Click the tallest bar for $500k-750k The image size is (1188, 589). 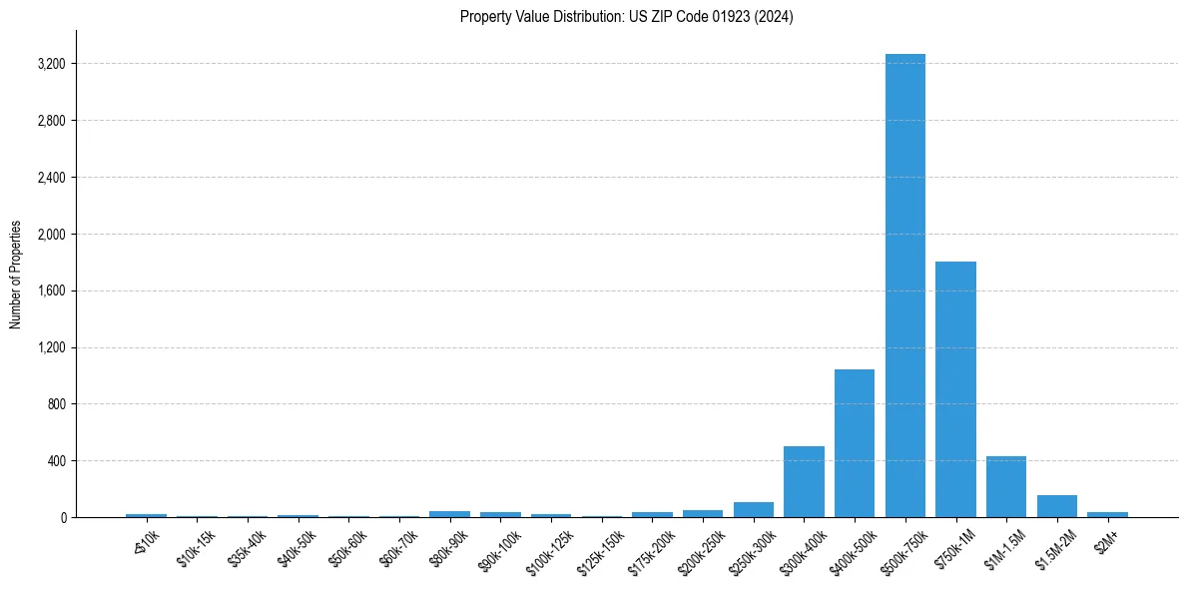pos(904,286)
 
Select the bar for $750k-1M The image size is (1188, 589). pos(955,389)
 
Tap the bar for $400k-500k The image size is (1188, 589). pos(855,443)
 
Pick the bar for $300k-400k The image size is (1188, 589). pos(804,482)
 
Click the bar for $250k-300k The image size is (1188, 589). pos(753,510)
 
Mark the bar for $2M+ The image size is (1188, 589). pos(1107,514)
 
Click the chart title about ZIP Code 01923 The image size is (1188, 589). pos(626,17)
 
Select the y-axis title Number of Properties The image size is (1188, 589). pos(16,274)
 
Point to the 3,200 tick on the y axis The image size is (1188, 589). pos(51,64)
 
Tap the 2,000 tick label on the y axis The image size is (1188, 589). pos(51,235)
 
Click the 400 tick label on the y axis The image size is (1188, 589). pos(56,461)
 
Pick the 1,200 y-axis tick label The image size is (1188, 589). pos(51,347)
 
